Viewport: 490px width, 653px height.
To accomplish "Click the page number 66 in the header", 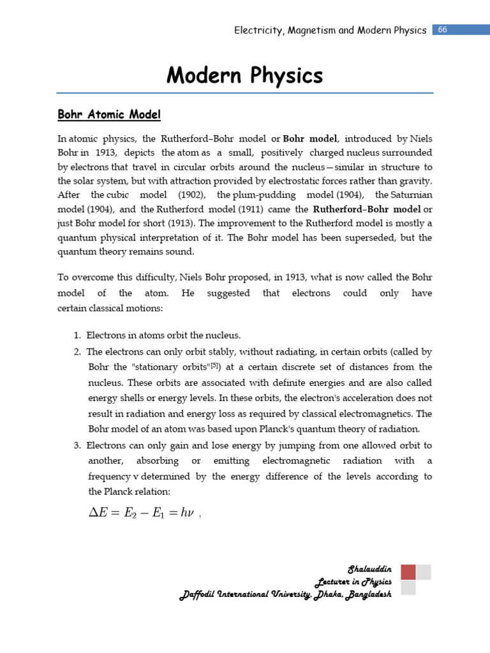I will click(442, 30).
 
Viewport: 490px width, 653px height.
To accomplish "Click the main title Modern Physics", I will click(244, 76).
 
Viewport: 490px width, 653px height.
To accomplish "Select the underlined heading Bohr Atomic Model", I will click(109, 115).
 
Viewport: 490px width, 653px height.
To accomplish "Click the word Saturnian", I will click(410, 193).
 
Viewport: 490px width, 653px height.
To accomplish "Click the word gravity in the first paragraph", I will click(415, 179).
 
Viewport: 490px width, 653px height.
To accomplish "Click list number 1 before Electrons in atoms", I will click(77, 335).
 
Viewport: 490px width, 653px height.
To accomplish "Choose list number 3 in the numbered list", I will click(77, 444).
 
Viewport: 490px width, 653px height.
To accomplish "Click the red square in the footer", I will click(408, 571).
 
